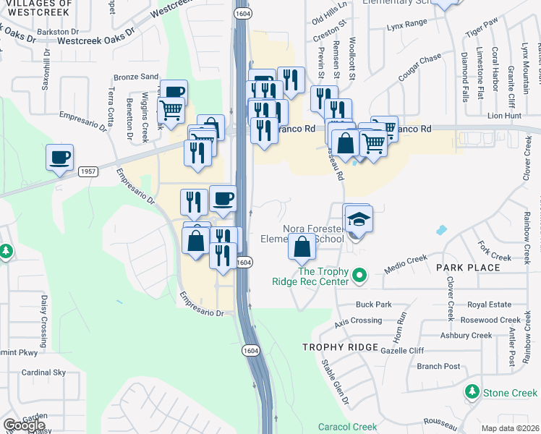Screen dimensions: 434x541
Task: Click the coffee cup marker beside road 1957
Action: (x=60, y=157)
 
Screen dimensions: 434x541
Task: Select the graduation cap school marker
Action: (x=358, y=218)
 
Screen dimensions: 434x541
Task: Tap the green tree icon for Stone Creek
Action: (x=472, y=392)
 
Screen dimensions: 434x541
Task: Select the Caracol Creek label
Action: (x=347, y=427)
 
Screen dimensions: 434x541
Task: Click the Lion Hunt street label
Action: (x=504, y=115)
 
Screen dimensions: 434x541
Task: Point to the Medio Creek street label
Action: (x=406, y=261)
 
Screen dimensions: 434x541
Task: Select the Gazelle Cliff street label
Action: (x=419, y=350)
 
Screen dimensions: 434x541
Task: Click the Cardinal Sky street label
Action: (x=43, y=373)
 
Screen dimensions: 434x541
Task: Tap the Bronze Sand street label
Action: (x=136, y=76)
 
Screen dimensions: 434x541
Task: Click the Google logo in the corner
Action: (x=24, y=425)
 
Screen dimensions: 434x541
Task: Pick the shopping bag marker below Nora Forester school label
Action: (x=302, y=247)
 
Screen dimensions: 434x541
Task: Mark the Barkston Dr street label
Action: (x=58, y=33)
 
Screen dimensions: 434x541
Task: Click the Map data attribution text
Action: (x=511, y=428)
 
